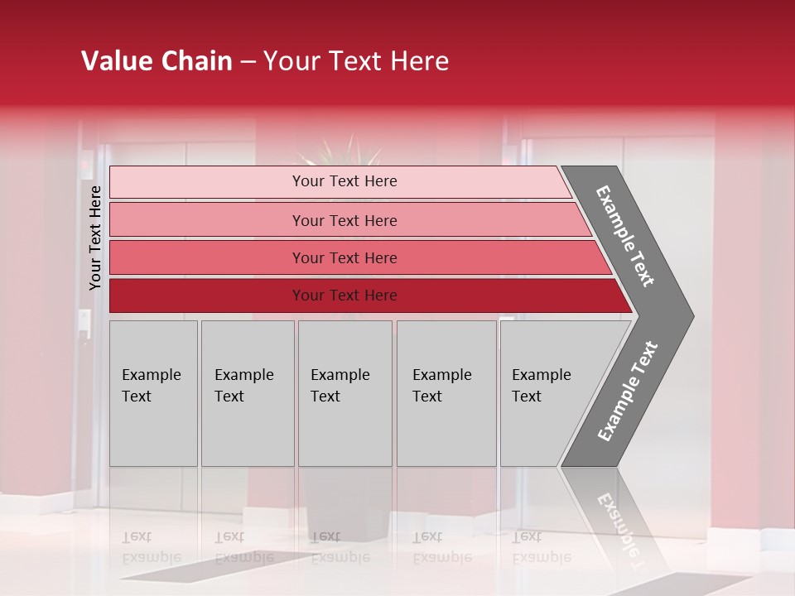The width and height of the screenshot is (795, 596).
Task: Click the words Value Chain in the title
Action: pos(157,61)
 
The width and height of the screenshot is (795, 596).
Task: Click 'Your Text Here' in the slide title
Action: pos(356,61)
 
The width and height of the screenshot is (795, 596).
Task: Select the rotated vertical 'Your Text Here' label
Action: pos(95,238)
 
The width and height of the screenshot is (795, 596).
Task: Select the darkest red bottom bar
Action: pos(207,296)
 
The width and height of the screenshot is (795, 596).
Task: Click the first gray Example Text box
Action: pos(153,414)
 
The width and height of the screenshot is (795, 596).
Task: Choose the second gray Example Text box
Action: pos(248,414)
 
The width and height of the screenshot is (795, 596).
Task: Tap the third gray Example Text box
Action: pos(344,414)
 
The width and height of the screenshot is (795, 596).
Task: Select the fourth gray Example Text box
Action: pos(446,414)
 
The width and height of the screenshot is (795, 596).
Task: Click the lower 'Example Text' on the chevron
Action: pos(627,392)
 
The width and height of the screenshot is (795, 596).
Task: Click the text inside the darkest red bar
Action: pos(344,296)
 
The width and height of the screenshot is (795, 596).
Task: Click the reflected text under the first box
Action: pos(151,548)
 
